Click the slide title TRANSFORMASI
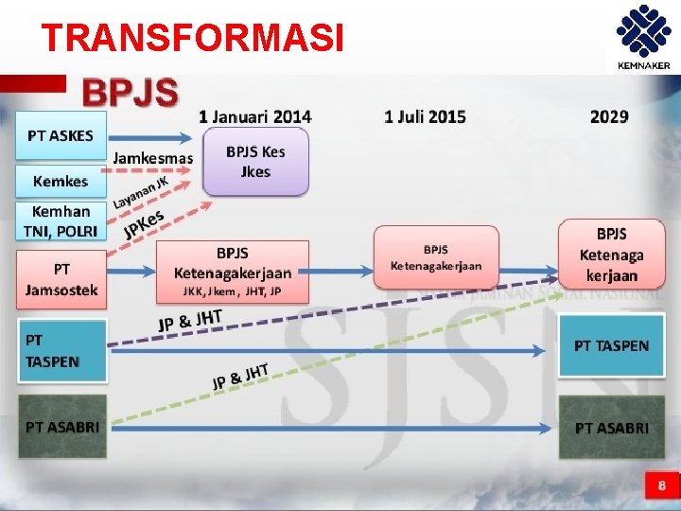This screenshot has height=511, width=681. pos(192,38)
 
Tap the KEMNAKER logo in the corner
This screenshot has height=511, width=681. pos(642,39)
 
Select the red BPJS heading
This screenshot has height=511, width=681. pos(131,93)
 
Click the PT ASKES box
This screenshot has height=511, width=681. pos(61,135)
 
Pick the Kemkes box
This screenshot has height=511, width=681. pos(61,181)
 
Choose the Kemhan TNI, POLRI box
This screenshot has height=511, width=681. pos(61,221)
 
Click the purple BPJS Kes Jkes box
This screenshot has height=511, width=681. pos(255,162)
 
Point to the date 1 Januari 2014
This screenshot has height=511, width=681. pos(254,116)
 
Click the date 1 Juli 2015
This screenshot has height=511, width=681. pos(425,116)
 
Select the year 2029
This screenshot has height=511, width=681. pos(609,116)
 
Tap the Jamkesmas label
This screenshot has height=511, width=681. pos(152,158)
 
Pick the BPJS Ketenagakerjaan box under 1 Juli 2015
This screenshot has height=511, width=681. pos(435,257)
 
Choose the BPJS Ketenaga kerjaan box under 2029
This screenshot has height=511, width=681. pos(611,254)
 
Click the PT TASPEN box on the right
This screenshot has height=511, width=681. pos(611,346)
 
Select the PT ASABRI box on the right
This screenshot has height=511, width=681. pos(611,428)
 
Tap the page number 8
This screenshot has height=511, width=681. pos(661,486)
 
